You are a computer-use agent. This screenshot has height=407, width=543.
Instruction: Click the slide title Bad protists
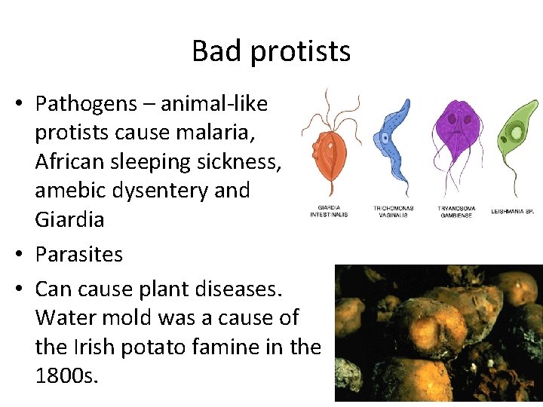[271, 51]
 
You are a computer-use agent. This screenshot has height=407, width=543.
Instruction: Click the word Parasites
[78, 254]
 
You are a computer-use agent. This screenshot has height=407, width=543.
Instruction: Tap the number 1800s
[66, 376]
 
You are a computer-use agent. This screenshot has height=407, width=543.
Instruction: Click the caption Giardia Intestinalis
[329, 210]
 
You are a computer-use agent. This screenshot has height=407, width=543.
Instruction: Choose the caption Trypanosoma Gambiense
[456, 210]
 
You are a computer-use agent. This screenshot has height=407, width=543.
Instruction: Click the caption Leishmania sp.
[517, 210]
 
